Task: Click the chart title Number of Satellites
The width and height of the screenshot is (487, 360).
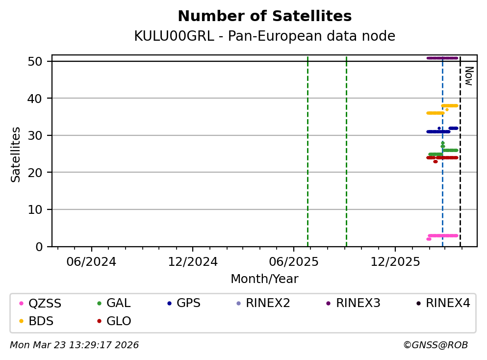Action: click(x=264, y=17)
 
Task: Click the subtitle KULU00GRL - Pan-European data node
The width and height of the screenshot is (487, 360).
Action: click(x=264, y=36)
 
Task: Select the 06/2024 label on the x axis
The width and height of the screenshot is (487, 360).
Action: click(x=91, y=262)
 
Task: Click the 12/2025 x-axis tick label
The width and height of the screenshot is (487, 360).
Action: click(x=395, y=262)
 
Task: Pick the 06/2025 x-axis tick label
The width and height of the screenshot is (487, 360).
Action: click(x=294, y=262)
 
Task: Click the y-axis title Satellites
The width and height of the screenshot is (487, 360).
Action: click(x=16, y=154)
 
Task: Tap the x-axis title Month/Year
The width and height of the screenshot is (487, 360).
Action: click(x=264, y=279)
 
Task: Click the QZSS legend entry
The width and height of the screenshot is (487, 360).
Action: click(x=45, y=304)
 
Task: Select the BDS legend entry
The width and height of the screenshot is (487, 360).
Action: click(x=41, y=322)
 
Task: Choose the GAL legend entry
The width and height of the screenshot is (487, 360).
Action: click(x=118, y=304)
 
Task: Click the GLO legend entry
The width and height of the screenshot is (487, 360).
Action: click(x=118, y=322)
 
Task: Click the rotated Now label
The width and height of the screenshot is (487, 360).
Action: click(x=469, y=76)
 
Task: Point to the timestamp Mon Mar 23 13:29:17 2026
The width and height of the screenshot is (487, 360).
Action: click(x=74, y=345)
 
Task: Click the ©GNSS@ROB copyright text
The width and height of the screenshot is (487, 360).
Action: click(x=435, y=345)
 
